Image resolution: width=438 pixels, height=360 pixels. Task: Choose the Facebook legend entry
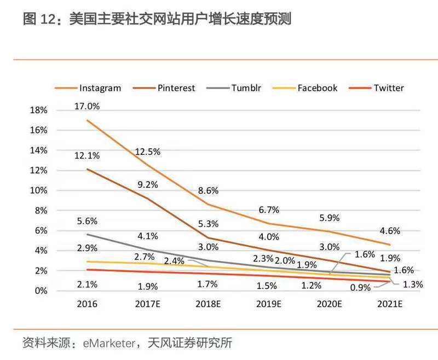pos(317,88)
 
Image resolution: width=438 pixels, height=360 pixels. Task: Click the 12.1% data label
pos(88,155)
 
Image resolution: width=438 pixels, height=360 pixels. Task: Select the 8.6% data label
pos(208,191)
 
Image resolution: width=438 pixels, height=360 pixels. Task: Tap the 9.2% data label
pos(147,185)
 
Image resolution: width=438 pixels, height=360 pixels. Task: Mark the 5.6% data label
pos(88,221)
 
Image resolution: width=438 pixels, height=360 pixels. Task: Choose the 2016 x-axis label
pos(88,304)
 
